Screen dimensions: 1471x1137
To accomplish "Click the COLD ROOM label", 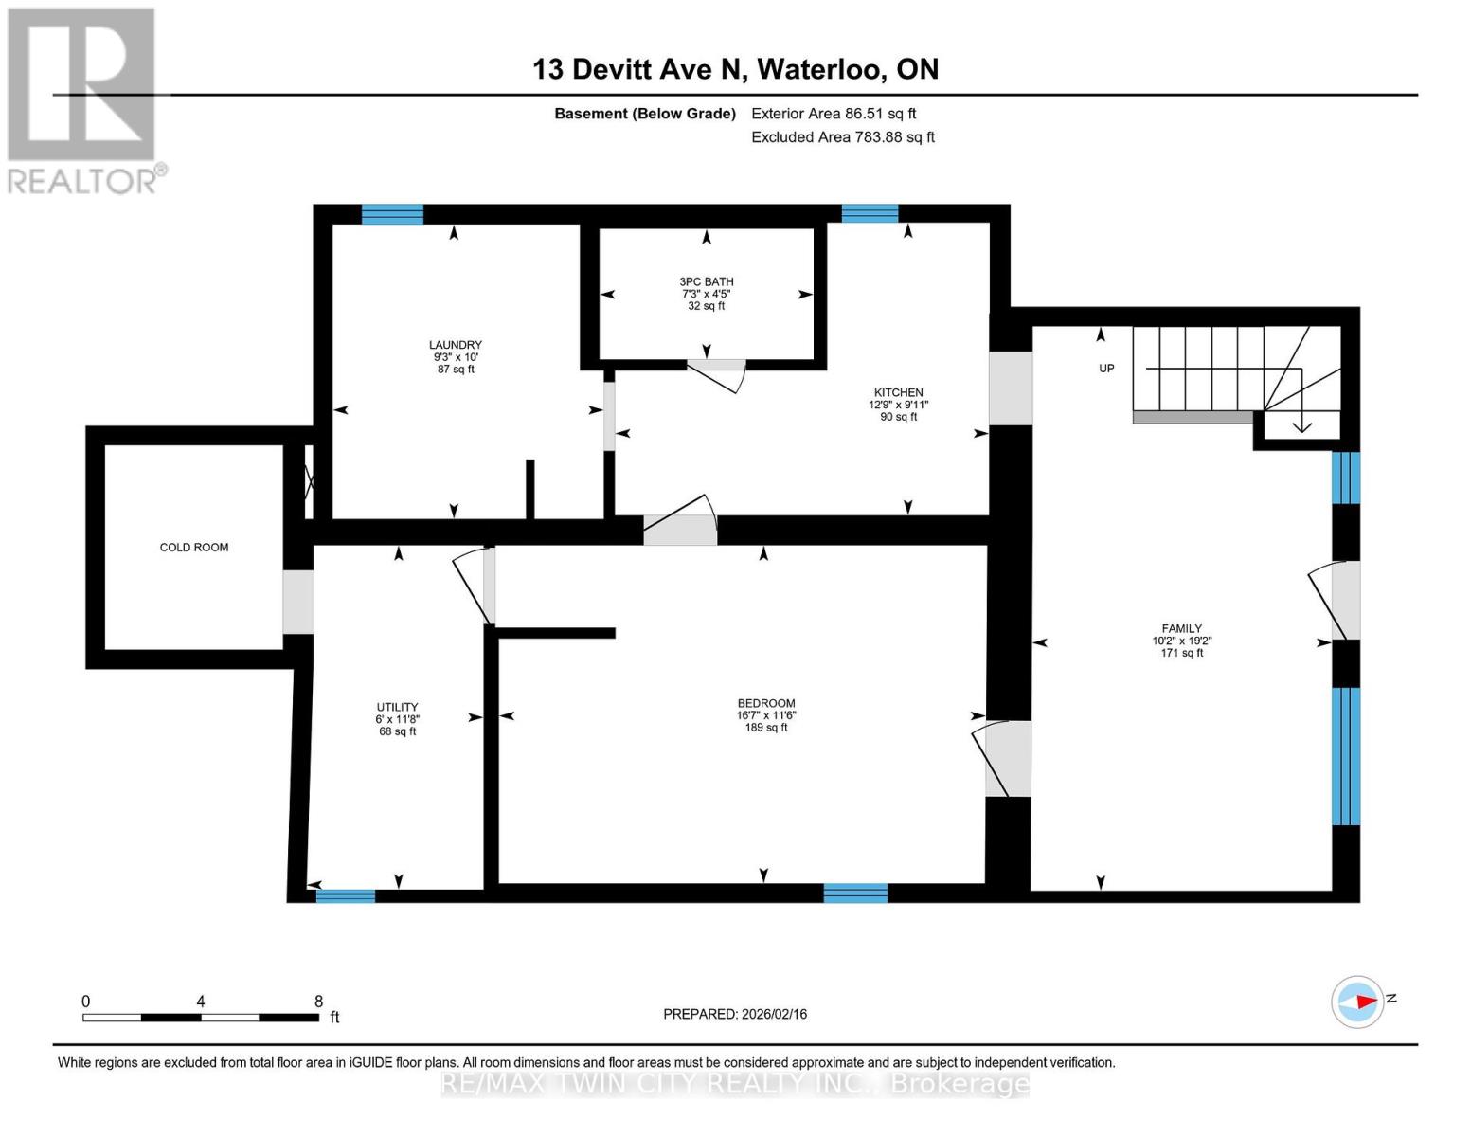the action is point(193,547).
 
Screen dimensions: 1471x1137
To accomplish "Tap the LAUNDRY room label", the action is point(455,345).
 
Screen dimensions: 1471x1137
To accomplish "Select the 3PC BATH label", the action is point(706,281).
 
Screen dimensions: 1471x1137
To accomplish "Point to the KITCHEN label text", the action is point(898,393).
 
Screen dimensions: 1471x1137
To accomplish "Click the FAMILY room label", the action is point(1182,628).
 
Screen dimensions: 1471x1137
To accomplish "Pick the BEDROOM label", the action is point(766,703).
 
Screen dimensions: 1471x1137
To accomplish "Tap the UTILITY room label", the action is point(398,707).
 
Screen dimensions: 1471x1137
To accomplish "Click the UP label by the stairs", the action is point(1106,369).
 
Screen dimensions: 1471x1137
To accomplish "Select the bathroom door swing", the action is point(718,377).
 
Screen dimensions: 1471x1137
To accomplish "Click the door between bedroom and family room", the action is point(1002,759).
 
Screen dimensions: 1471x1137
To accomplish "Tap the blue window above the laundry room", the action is point(393,214).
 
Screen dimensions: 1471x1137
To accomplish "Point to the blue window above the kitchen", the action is point(870,213).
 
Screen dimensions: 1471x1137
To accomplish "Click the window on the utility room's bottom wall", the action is point(345,896).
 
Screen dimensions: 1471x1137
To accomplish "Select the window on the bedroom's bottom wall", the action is point(855,893).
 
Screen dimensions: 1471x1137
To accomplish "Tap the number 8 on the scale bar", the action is point(319,1001).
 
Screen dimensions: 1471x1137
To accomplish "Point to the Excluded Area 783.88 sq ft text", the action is point(843,137).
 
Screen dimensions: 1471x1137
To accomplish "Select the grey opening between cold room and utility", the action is point(297,602).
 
